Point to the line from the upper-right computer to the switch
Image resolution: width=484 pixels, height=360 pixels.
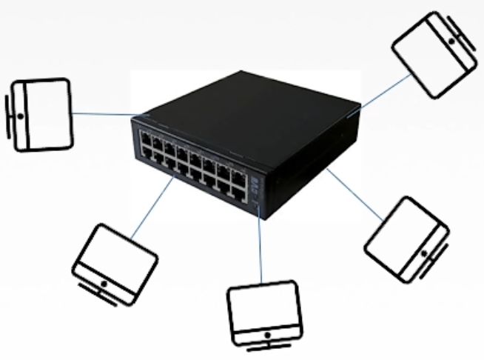385,92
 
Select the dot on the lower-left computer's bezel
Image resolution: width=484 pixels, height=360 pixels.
104,284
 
